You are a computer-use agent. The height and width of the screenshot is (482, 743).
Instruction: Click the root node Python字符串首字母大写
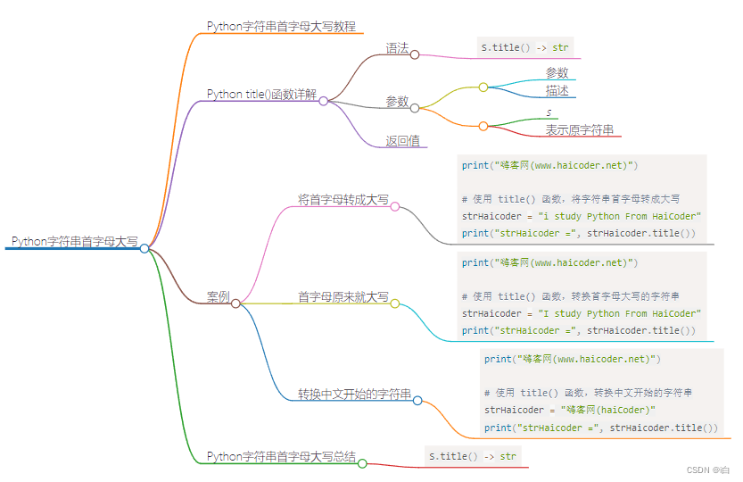coord(74,242)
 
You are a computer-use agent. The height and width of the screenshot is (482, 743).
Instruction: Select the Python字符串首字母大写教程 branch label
coord(281,27)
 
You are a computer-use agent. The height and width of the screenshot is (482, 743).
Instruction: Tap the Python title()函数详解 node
coord(261,95)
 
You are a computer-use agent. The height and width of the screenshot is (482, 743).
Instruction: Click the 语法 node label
coord(397,49)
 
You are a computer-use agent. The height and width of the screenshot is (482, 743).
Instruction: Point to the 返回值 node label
coord(402,141)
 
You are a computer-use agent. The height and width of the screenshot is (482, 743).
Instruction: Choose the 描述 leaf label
coord(557,91)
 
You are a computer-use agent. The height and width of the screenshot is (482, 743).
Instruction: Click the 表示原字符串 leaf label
coord(580,130)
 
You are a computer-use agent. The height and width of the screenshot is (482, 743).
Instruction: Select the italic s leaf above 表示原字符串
coord(549,112)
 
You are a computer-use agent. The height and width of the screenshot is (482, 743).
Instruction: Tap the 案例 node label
coord(218,297)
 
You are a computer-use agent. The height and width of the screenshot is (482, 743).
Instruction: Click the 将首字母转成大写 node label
coord(343,200)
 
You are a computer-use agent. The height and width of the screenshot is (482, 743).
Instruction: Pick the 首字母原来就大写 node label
coord(343,297)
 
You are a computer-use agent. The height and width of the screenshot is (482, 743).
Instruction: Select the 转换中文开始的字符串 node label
coord(354,394)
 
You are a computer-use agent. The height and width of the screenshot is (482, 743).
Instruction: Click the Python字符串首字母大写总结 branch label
coord(281,457)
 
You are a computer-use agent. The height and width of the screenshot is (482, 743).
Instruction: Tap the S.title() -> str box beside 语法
coord(525,47)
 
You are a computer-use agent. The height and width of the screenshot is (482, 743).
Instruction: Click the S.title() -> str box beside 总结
coord(473,457)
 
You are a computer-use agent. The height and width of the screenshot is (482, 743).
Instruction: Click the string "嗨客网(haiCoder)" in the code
coord(608,411)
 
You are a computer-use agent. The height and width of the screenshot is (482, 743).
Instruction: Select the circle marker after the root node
coord(144,248)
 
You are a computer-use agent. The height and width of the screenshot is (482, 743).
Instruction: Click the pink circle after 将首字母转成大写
coord(395,206)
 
